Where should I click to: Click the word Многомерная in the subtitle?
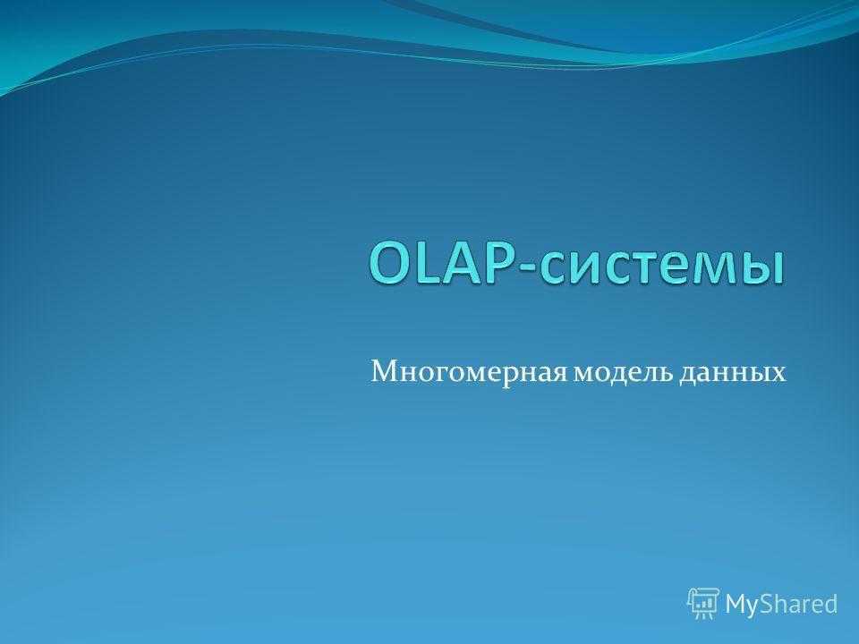pos(470,372)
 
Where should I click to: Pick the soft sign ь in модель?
pos(666,374)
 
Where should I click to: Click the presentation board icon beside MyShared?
pos(703,603)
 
